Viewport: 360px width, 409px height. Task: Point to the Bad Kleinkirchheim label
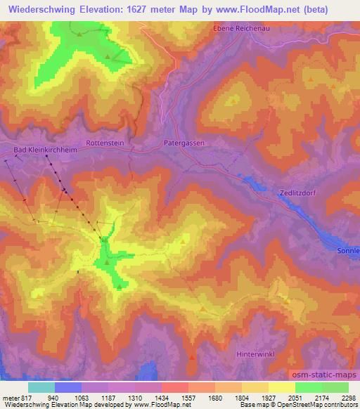pyautogui.click(x=45, y=150)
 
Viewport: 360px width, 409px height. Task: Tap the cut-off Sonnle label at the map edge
pyautogui.click(x=347, y=250)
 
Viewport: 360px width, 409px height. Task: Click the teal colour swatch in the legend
pyautogui.click(x=41, y=387)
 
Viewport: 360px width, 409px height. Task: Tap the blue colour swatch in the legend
pyautogui.click(x=67, y=387)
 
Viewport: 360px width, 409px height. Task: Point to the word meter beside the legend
pyautogui.click(x=9, y=396)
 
